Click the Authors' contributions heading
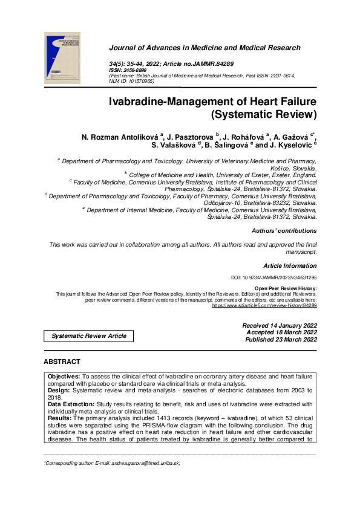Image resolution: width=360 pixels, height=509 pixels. pyautogui.click(x=284, y=230)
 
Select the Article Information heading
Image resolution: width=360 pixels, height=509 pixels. pyautogui.click(x=290, y=266)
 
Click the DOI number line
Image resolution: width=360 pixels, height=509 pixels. pyautogui.click(x=274, y=277)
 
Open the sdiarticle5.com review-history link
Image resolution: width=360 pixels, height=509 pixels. pyautogui.click(x=264, y=306)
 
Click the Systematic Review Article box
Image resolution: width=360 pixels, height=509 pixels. pyautogui.click(x=89, y=336)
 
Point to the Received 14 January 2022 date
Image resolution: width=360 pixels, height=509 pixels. pyautogui.click(x=280, y=326)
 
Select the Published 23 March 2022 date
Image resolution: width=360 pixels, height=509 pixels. pyautogui.click(x=281, y=340)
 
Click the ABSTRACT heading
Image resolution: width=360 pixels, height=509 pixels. pyautogui.click(x=62, y=361)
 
